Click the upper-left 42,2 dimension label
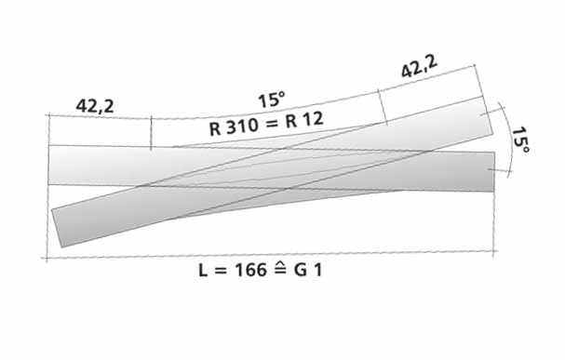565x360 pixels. [x=95, y=106]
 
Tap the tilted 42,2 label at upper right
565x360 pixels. [x=419, y=67]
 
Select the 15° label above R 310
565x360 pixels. [x=272, y=100]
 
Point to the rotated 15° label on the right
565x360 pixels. [x=520, y=140]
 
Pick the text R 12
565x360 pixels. [x=304, y=120]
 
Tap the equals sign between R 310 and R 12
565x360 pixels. [x=273, y=124]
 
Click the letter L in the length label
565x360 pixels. [x=203, y=270]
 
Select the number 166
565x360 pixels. [x=250, y=270]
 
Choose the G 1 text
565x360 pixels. [x=307, y=270]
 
